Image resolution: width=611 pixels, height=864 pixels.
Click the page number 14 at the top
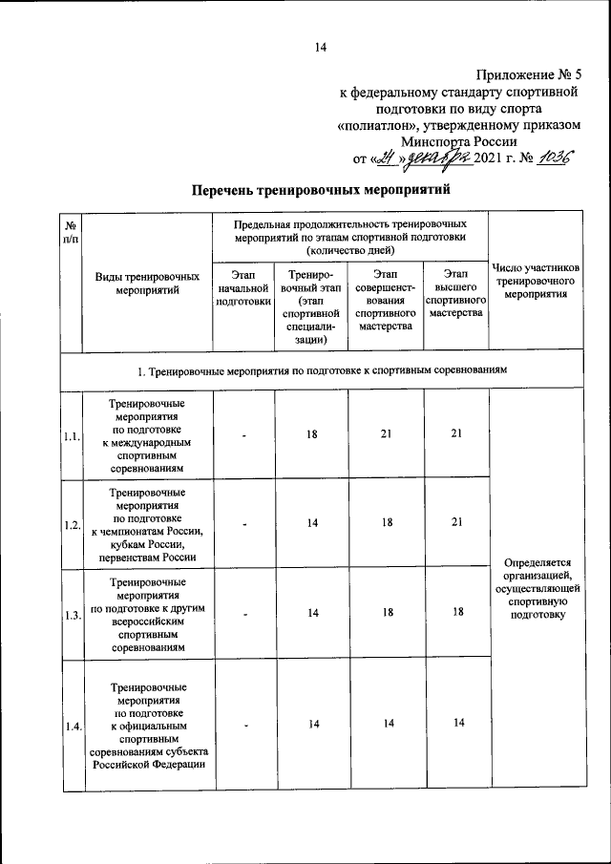pyautogui.click(x=321, y=49)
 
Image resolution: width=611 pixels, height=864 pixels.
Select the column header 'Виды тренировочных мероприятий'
pyautogui.click(x=147, y=284)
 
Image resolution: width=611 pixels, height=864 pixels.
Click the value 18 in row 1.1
pyautogui.click(x=312, y=434)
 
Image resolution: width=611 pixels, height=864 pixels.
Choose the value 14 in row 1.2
pyautogui.click(x=312, y=523)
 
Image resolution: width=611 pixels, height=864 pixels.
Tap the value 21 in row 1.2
pyautogui.click(x=456, y=523)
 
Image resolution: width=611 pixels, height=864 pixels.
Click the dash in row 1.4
pyautogui.click(x=244, y=726)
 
